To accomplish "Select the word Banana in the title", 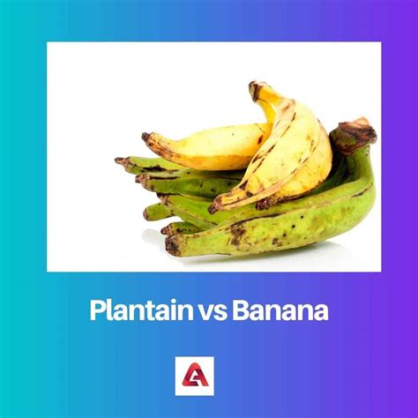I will pos(280,311).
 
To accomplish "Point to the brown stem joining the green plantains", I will pos(354,133).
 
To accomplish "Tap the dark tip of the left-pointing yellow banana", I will pos(146,137).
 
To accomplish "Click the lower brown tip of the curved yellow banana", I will pos(214,206).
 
